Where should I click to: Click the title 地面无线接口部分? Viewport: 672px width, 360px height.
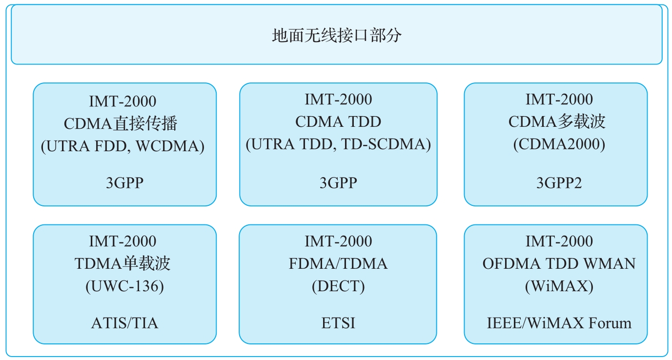[337, 36]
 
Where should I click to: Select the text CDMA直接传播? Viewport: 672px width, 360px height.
[121, 123]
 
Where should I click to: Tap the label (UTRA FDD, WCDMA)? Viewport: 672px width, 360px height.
[122, 146]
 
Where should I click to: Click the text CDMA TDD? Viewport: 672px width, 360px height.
[338, 121]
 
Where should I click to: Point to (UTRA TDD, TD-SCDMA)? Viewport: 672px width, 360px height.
[338, 144]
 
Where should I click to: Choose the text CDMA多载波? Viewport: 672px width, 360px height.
[557, 121]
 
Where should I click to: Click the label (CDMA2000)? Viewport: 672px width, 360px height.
[559, 144]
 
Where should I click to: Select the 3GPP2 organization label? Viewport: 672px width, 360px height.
[559, 183]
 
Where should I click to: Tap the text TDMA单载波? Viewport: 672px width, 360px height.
[122, 264]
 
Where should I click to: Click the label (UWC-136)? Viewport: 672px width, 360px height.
[125, 286]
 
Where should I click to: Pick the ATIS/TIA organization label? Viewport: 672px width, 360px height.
[125, 323]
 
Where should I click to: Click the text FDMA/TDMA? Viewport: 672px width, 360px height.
[338, 264]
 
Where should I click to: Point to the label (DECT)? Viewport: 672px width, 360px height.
[338, 286]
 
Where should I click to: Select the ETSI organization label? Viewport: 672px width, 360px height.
[338, 323]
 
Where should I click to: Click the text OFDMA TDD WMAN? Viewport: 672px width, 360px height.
[559, 264]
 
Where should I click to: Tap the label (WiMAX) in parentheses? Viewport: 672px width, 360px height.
[559, 286]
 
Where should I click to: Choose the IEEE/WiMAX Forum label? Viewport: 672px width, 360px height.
[559, 323]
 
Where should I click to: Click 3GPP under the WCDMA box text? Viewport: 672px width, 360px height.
[125, 183]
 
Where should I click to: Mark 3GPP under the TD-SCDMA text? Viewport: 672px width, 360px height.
[338, 183]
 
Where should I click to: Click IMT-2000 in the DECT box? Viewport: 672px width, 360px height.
[338, 241]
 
